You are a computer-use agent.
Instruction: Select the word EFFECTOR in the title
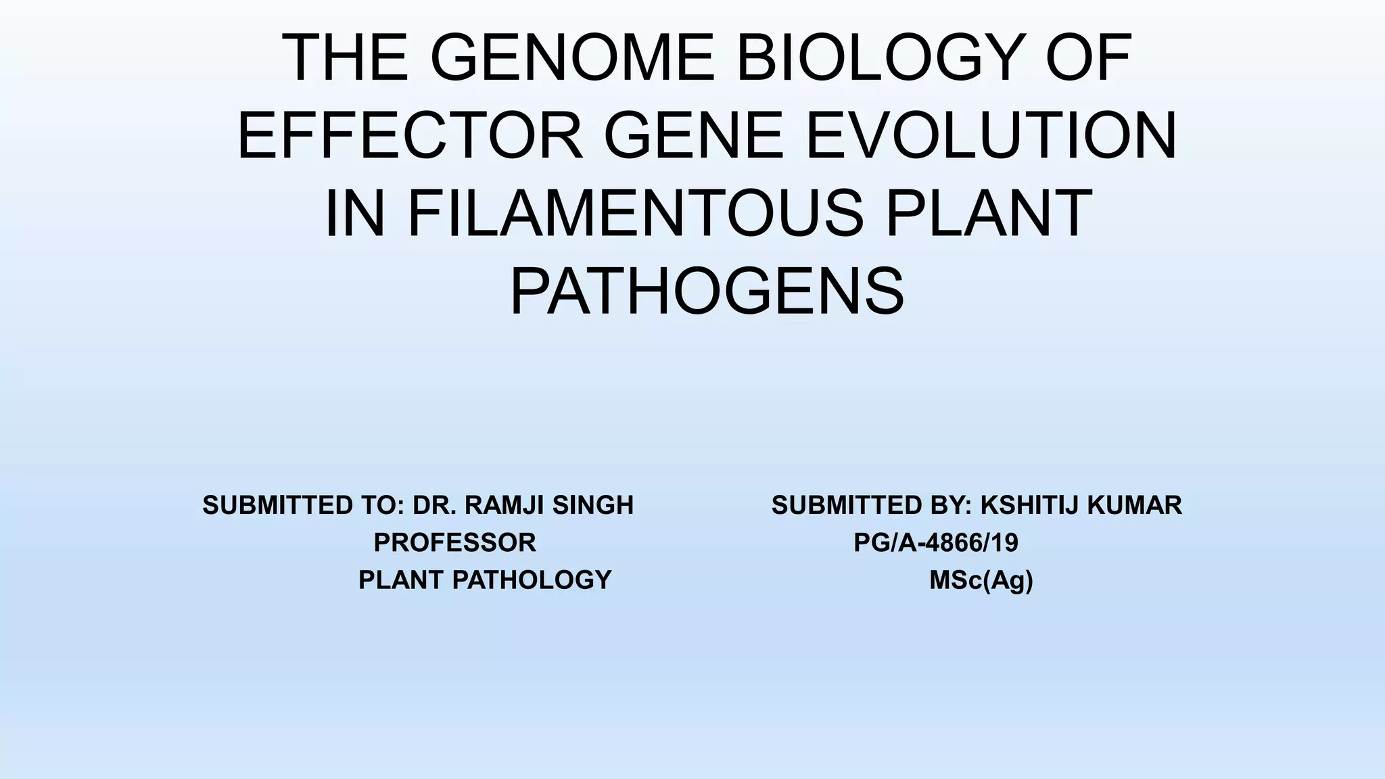(x=410, y=136)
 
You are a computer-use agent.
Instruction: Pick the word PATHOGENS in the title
(x=707, y=291)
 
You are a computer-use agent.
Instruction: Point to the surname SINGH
(x=593, y=505)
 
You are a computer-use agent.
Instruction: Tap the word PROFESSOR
(x=454, y=542)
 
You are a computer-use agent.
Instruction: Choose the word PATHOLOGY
(x=532, y=580)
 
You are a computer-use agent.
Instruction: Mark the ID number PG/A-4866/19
(x=936, y=542)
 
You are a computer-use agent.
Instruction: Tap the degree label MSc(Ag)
(x=981, y=580)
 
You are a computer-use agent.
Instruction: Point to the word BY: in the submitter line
(x=954, y=505)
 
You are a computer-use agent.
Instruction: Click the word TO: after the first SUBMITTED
(x=386, y=505)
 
